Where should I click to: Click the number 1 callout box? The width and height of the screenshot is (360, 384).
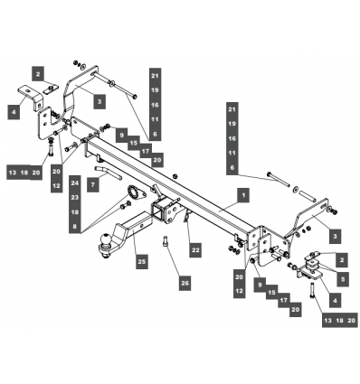[x=243, y=196]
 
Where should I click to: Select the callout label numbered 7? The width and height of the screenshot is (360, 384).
[x=93, y=184]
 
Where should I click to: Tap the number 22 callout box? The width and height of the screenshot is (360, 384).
[x=195, y=250]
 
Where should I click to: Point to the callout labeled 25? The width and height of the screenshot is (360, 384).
[x=142, y=261]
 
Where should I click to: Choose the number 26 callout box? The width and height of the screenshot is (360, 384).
[x=185, y=284]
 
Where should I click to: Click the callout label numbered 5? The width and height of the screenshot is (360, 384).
[x=343, y=279]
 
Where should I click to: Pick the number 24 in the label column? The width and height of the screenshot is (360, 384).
[x=75, y=183]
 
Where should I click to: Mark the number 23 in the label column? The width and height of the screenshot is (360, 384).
[x=75, y=197]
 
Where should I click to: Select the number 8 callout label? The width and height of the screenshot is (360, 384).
[x=75, y=227]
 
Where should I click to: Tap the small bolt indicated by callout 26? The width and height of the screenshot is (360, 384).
[x=166, y=241]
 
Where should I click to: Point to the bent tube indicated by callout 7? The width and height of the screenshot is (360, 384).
[x=108, y=173]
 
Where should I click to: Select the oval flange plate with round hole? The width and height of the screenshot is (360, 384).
[x=137, y=193]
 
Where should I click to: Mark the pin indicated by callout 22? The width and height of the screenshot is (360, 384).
[x=186, y=216]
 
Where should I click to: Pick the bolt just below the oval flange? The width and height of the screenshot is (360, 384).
[x=125, y=206]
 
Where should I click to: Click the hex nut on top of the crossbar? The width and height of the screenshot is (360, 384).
[x=175, y=175]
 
